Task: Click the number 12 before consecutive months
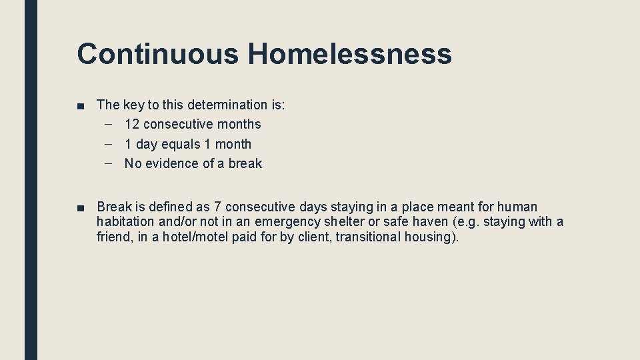pos(132,124)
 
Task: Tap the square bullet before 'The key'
pos(81,105)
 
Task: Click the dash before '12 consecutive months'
pos(109,124)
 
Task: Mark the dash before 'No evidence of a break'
pos(109,163)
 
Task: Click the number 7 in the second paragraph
pos(218,207)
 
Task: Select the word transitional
pos(375,237)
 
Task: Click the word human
pos(518,207)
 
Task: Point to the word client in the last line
pos(313,237)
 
